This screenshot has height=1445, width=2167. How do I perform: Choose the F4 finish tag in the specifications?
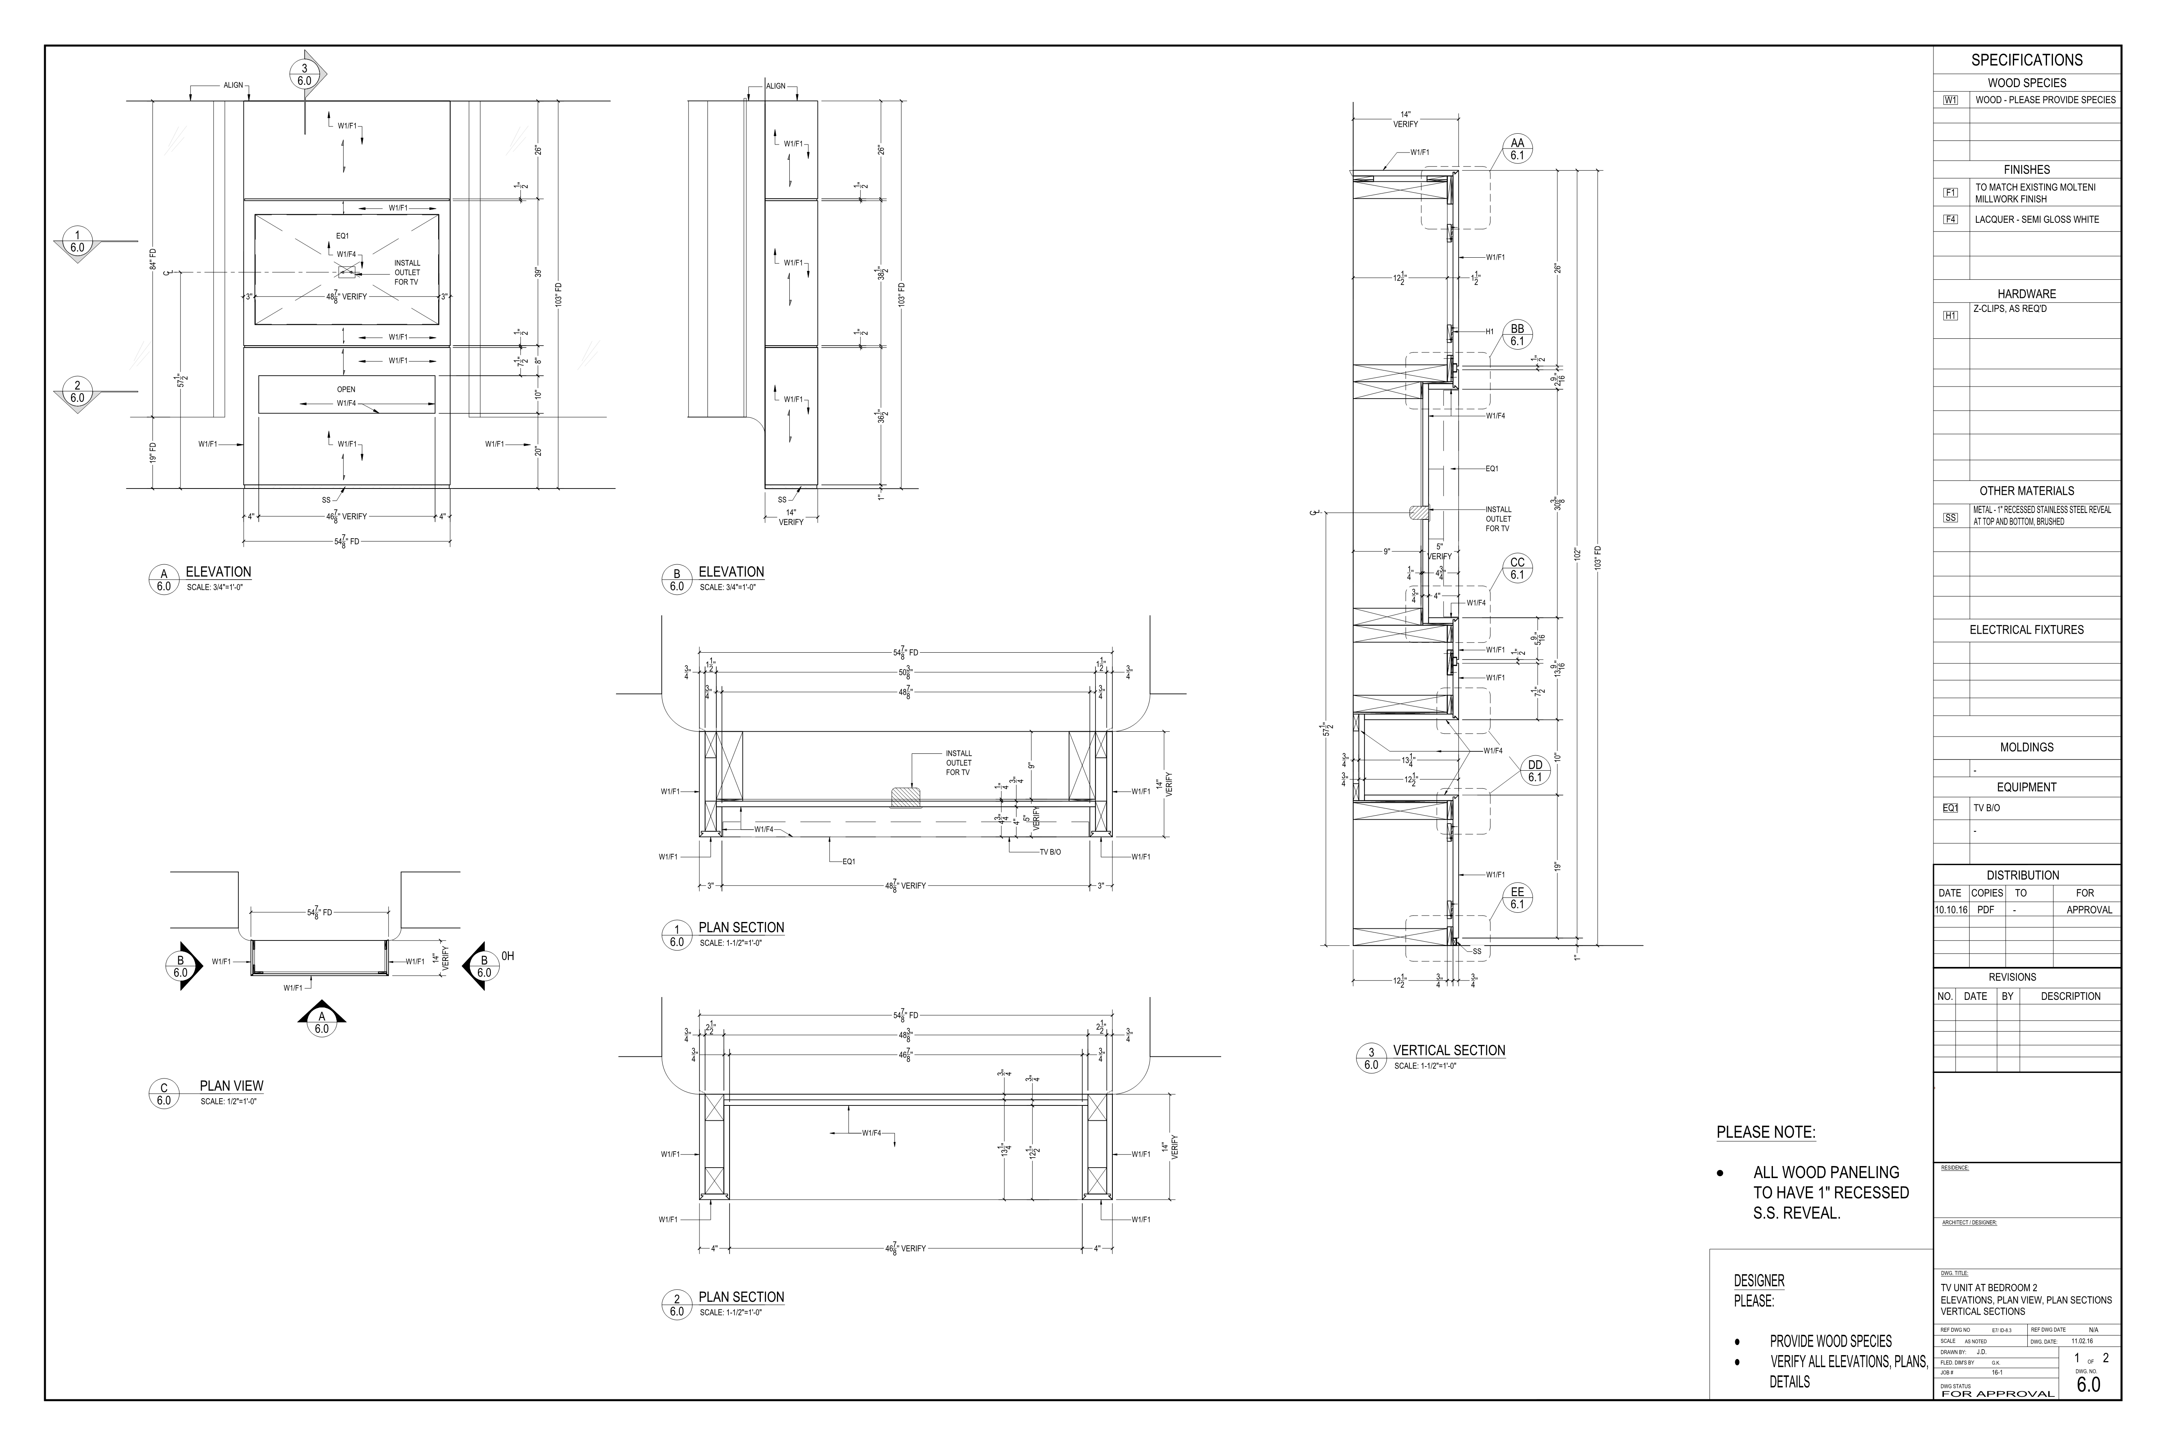(x=1950, y=219)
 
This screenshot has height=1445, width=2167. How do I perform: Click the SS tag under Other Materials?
(x=1950, y=518)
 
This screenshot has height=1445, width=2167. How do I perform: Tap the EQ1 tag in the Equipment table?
(x=1950, y=808)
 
